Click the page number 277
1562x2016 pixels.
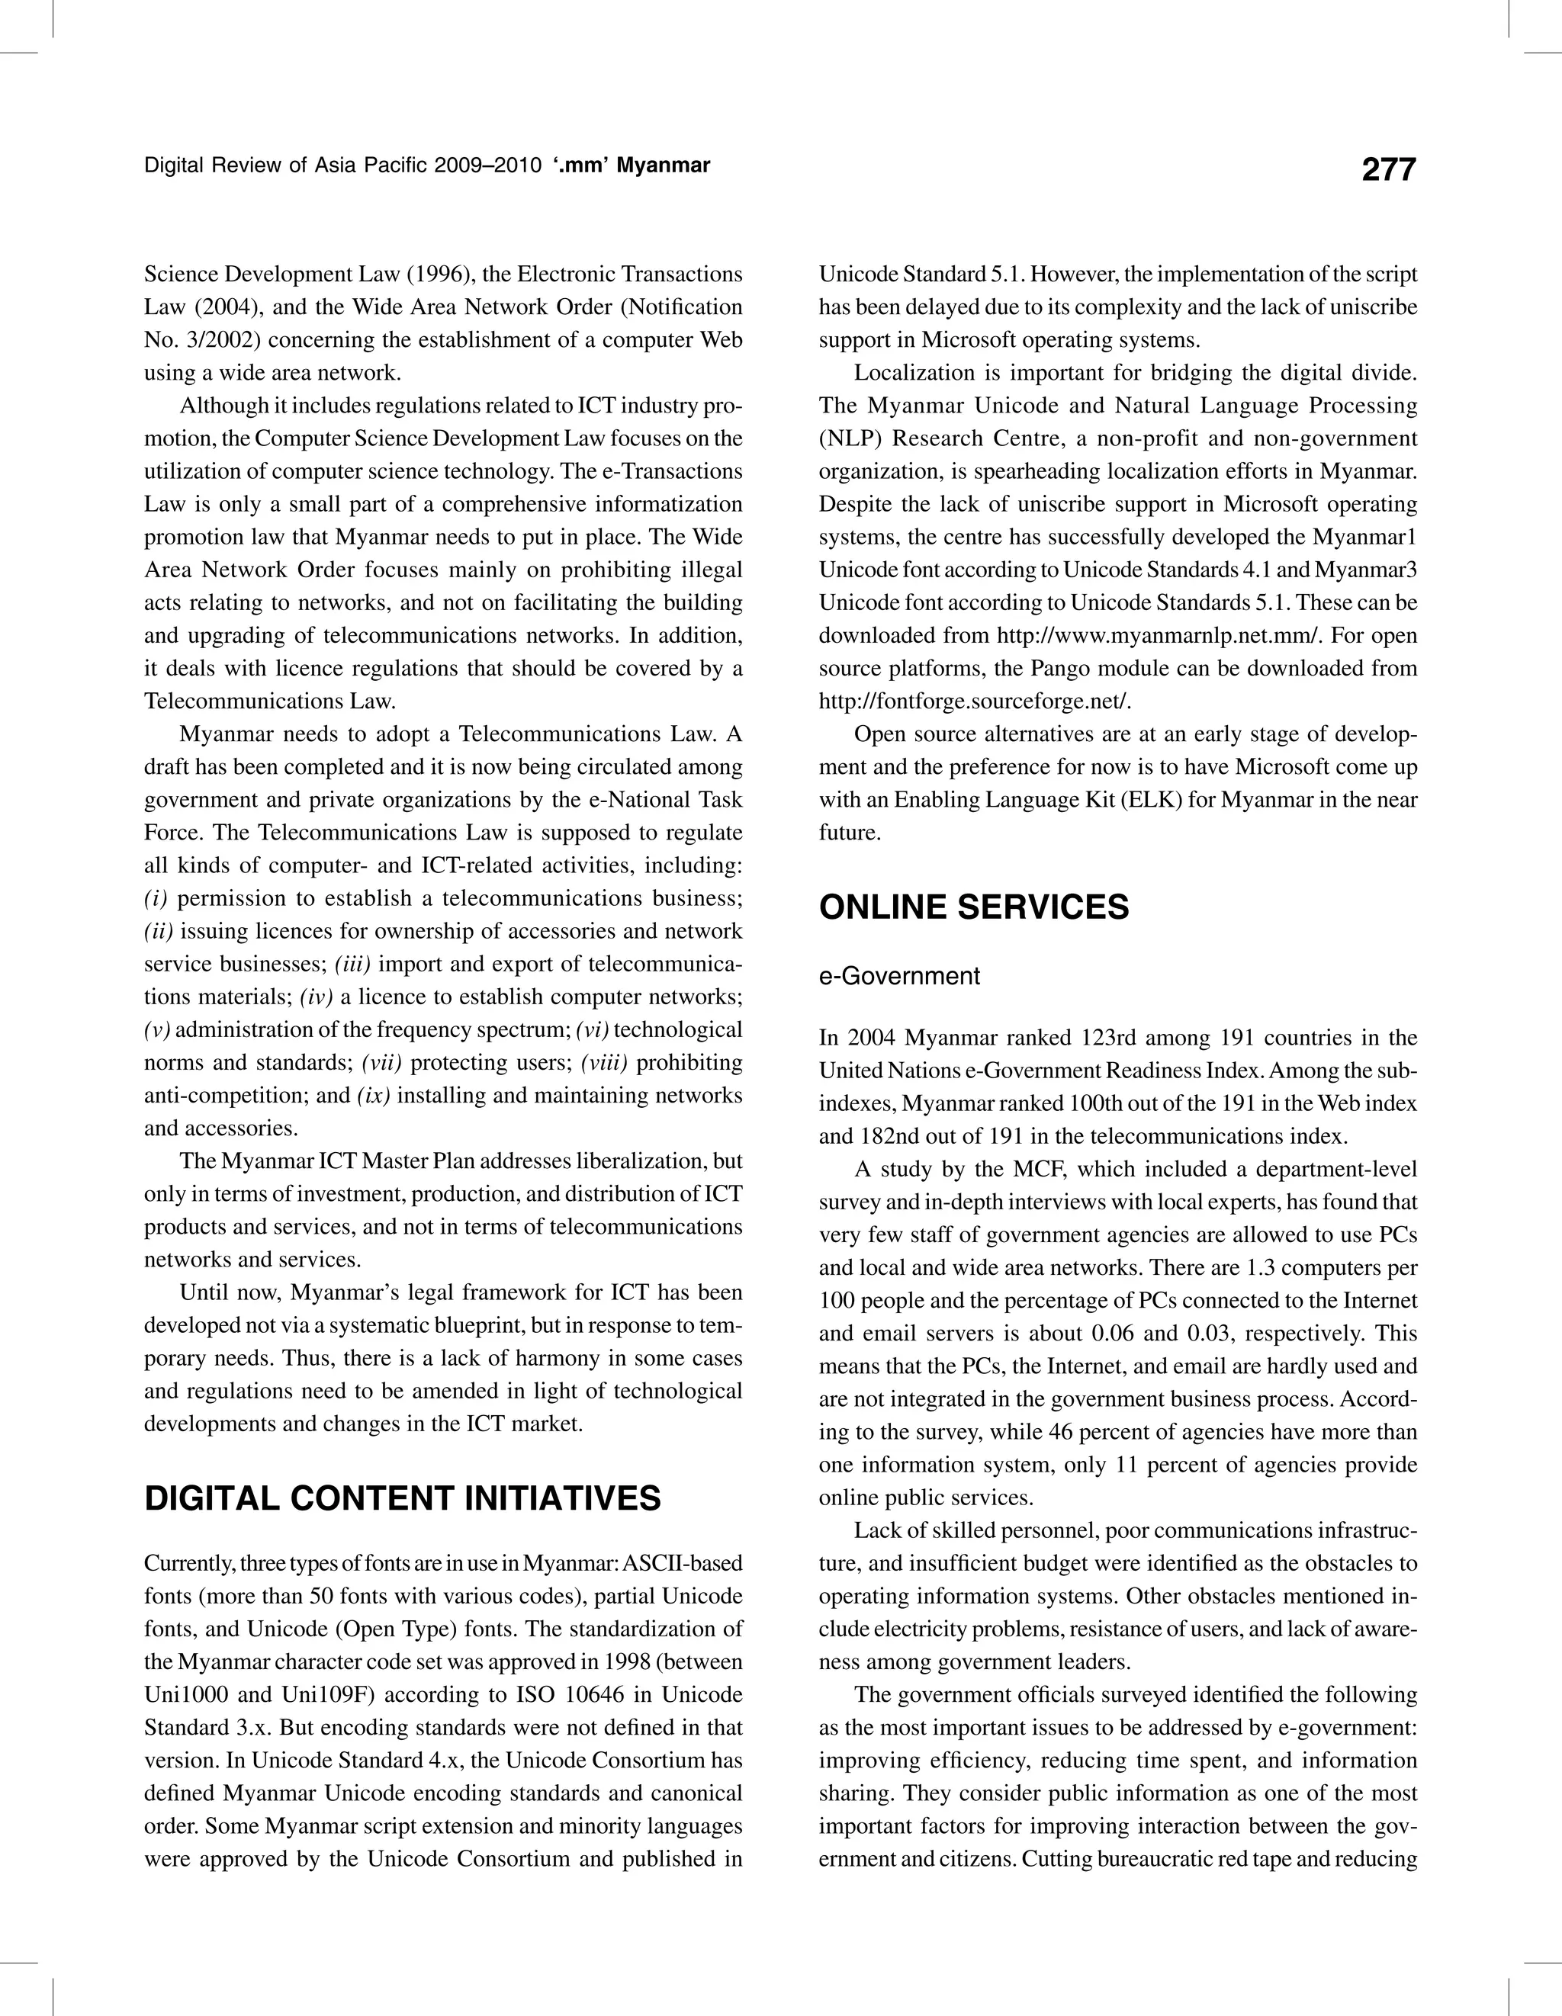pos(1387,169)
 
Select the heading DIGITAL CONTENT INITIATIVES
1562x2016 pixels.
pos(403,1498)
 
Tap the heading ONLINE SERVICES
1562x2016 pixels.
pos(974,907)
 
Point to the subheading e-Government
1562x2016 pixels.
pos(899,976)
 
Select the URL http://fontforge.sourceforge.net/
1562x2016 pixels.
pos(975,701)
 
